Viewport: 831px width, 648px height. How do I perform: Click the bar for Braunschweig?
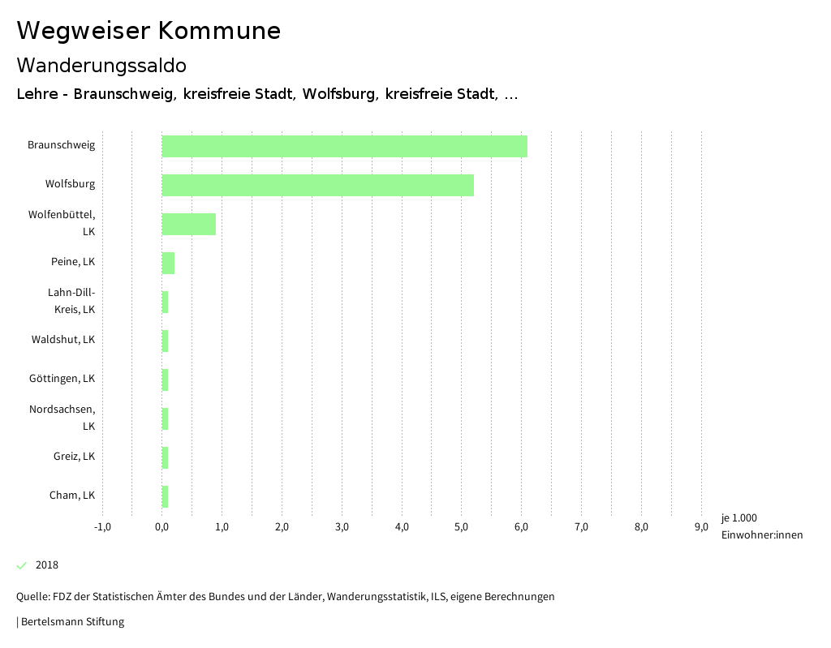(344, 146)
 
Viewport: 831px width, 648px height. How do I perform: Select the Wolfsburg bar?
(317, 185)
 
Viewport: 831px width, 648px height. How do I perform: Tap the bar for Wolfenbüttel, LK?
(188, 224)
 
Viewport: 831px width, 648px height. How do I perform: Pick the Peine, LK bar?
(168, 263)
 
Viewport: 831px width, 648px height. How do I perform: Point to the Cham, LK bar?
(165, 496)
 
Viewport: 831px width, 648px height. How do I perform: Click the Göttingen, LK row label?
(62, 379)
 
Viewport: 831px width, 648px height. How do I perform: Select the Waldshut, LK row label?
(63, 340)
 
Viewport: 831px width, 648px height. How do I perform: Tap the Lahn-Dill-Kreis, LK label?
(71, 301)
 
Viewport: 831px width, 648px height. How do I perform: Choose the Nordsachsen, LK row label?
(62, 418)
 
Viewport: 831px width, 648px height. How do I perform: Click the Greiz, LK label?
(74, 457)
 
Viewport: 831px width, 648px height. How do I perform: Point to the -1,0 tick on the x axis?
(102, 527)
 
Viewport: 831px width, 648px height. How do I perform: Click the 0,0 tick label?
(161, 527)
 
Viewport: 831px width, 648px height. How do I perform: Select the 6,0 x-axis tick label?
(521, 527)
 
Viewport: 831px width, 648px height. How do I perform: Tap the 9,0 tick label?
(701, 527)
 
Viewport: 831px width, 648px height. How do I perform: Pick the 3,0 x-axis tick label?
(342, 527)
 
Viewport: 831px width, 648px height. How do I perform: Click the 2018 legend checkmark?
(22, 565)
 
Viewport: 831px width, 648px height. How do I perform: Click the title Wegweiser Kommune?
(149, 31)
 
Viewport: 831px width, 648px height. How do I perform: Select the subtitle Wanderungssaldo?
(101, 65)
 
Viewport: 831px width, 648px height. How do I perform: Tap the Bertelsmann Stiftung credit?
(71, 622)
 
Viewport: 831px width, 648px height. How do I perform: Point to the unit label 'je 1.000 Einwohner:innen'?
(761, 526)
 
